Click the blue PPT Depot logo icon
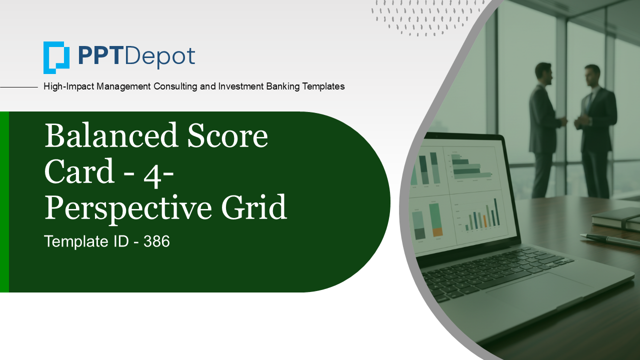click(56, 57)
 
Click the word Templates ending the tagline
click(322, 86)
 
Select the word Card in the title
click(80, 172)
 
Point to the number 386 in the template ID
click(156, 242)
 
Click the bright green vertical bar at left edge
click(4, 201)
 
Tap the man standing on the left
click(544, 130)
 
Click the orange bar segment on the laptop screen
click(437, 231)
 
